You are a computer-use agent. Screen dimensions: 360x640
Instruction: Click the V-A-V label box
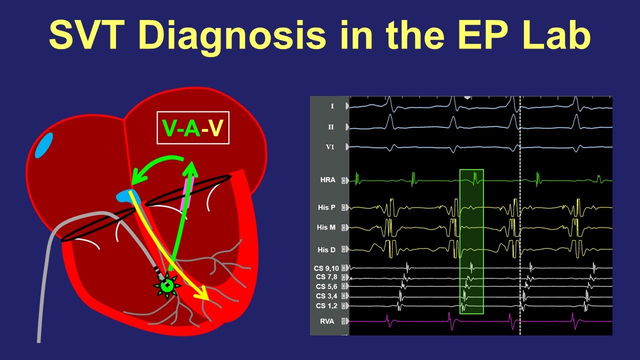[193, 127]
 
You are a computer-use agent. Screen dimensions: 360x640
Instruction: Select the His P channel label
[326, 207]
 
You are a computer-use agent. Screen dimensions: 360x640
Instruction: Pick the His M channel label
[326, 227]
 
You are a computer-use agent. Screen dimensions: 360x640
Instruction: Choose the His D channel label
[326, 249]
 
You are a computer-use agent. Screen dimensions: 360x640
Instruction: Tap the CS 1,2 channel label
[327, 305]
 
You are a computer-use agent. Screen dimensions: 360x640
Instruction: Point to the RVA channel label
[328, 320]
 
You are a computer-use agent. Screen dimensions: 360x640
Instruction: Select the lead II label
[331, 127]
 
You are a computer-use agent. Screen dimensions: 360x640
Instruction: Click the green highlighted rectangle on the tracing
[471, 241]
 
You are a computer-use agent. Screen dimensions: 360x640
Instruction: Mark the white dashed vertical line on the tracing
[520, 215]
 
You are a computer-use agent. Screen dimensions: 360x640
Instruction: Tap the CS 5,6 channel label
[327, 286]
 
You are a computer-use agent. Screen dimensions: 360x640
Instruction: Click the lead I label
[332, 106]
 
